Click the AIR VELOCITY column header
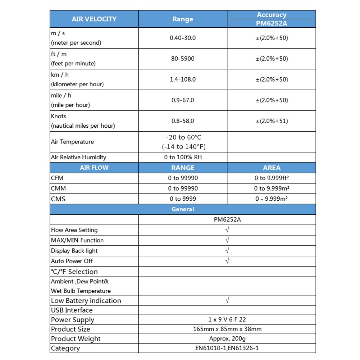click(94, 19)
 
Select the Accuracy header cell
click(272, 15)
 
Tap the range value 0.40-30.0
click(183, 38)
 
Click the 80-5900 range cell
click(183, 59)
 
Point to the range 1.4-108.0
click(183, 79)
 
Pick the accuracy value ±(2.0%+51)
click(272, 121)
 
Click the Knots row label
click(59, 116)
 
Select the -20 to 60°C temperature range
click(183, 137)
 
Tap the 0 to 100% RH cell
click(183, 157)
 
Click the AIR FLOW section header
click(94, 168)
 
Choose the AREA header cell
click(272, 168)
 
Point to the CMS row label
click(58, 199)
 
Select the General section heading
click(183, 209)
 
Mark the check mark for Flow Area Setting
click(227, 230)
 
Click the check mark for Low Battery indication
click(227, 300)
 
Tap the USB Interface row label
click(72, 310)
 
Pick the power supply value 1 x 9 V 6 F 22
click(227, 319)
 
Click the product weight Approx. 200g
click(227, 338)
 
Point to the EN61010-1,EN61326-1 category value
click(227, 348)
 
